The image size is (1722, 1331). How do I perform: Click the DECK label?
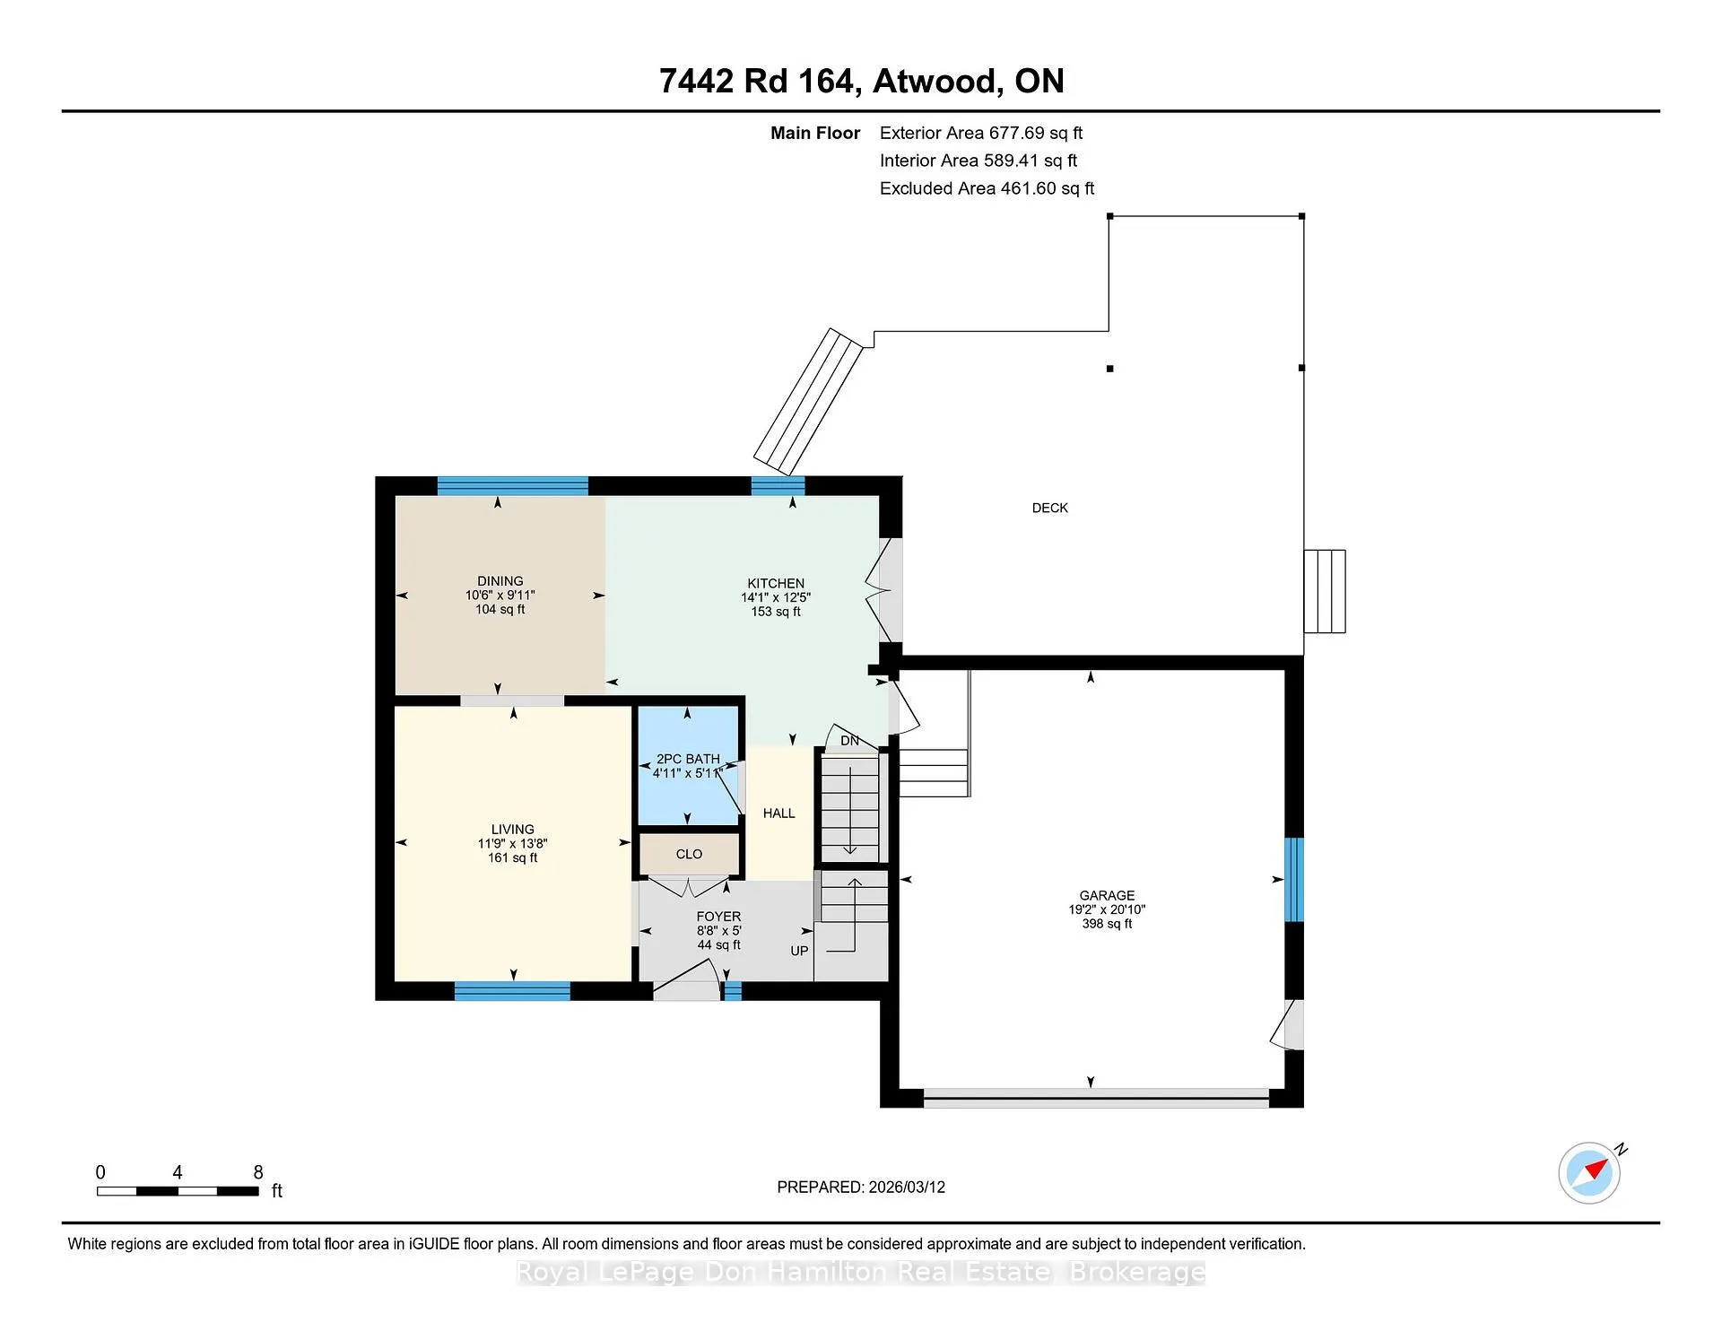1049,508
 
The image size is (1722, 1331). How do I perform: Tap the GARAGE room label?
1107,895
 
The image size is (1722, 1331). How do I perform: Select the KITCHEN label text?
776,583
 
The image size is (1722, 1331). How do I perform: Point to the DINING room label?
500,581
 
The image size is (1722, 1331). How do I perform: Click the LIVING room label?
512,830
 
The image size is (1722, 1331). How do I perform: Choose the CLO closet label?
689,854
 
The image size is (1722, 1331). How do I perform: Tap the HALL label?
778,813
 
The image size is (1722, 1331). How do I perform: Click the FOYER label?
718,917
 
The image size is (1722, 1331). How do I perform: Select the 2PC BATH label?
688,759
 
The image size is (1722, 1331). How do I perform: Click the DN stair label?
849,741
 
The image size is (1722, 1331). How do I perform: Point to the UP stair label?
799,951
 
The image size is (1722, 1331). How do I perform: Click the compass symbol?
1590,1172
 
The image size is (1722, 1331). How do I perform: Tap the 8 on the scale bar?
258,1172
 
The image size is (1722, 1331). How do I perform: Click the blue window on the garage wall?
1293,880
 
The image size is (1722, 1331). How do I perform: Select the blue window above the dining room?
512,486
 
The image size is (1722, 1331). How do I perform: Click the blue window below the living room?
512,991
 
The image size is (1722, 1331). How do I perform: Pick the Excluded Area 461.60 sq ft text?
987,188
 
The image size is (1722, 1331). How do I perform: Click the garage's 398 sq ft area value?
1107,924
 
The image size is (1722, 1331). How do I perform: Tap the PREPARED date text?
861,1187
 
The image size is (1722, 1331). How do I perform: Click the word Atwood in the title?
936,81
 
